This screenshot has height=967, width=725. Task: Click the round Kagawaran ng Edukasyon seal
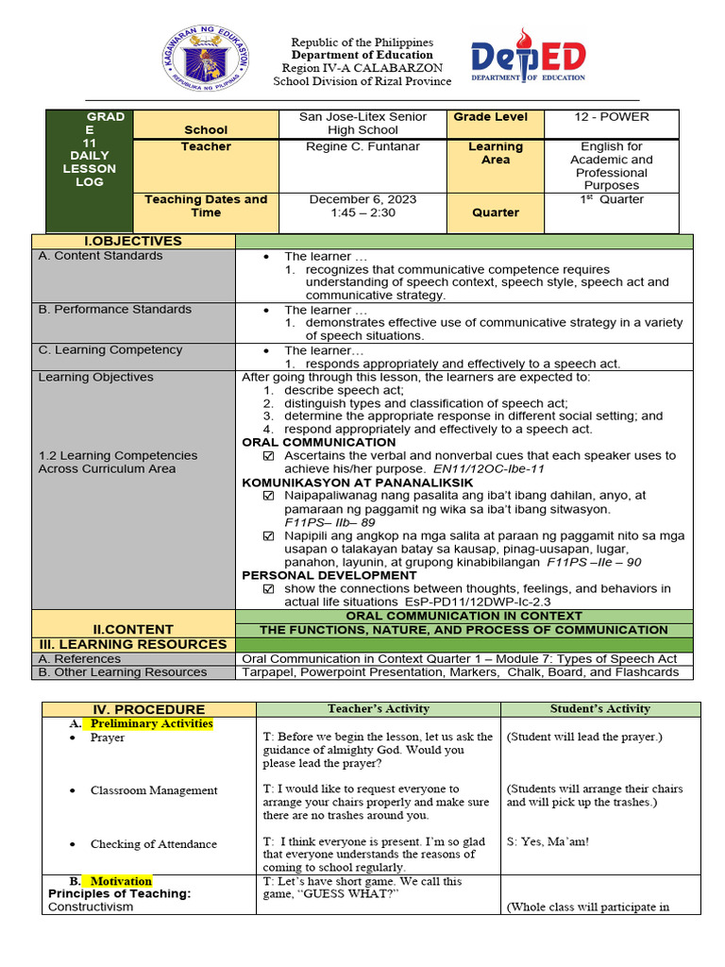[x=217, y=63]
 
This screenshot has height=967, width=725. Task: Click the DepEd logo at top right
[x=528, y=63]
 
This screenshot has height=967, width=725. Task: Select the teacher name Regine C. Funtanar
[x=362, y=146]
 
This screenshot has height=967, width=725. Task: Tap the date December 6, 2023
[x=362, y=199]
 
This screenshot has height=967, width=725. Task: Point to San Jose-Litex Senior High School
[x=362, y=124]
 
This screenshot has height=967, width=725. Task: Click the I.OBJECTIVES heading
[x=133, y=242]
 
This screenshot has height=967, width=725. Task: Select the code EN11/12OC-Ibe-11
[x=488, y=468]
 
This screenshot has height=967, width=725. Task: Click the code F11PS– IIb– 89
[x=329, y=521]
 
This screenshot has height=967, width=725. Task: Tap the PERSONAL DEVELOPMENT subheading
[x=315, y=574]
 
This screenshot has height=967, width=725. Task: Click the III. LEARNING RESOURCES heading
[x=132, y=644]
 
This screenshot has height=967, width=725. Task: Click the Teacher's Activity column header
[x=378, y=709]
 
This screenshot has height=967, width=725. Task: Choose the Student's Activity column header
[x=600, y=709]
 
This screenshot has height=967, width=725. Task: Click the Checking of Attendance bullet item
[x=153, y=844]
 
